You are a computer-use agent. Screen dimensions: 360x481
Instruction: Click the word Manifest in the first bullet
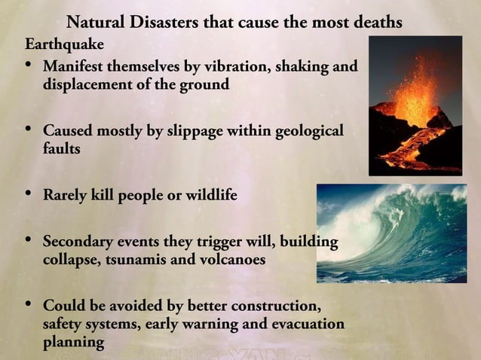72,66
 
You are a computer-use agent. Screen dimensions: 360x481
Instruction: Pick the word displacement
87,84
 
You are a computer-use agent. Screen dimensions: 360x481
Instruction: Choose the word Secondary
78,243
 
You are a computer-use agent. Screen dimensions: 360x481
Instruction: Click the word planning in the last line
73,341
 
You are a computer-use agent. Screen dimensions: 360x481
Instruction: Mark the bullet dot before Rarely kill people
28,194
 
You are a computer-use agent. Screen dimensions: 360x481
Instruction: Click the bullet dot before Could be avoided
28,306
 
